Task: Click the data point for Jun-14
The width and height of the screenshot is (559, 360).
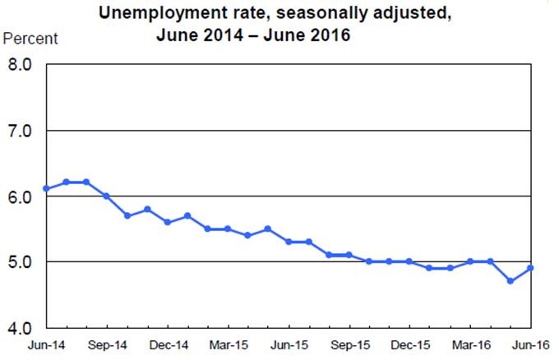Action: pos(46,189)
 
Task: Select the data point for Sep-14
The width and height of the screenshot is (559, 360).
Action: pos(107,196)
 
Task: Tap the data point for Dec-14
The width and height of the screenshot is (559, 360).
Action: pos(168,222)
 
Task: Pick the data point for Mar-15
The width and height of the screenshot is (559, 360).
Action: pos(228,228)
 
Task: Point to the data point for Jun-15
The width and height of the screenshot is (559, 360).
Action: pos(289,242)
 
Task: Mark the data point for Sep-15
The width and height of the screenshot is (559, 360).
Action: pos(349,255)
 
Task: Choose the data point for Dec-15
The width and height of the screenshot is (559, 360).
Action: pos(409,261)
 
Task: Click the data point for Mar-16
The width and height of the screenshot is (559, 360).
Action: pos(470,261)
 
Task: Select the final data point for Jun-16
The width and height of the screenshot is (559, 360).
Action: pos(531,268)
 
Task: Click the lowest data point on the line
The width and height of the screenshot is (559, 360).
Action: pos(510,281)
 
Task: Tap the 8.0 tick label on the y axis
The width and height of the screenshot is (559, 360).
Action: pos(19,65)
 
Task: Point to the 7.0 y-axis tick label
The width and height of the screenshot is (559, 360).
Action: pos(19,131)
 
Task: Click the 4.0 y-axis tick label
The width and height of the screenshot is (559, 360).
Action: pos(19,328)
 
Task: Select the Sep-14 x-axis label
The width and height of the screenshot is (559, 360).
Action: pos(107,345)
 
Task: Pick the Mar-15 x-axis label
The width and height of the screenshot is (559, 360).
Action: pos(228,345)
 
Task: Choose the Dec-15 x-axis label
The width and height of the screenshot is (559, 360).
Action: pos(409,345)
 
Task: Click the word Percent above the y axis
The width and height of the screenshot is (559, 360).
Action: pos(31,39)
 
